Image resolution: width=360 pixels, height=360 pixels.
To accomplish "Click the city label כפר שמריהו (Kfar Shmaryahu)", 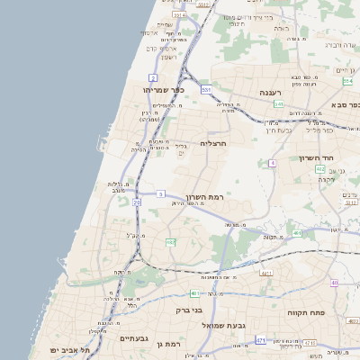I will (164, 90).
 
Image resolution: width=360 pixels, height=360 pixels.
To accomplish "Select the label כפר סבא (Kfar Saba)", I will (343, 105).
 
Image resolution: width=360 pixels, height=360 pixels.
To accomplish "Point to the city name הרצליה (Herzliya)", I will (215, 143).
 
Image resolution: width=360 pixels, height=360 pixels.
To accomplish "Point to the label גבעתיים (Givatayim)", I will (132, 338).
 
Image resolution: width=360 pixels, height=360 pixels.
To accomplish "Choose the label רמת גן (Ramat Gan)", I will (168, 344).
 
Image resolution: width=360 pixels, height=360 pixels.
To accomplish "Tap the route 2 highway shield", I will (153, 78).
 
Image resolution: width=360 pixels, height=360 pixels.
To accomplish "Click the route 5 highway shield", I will (161, 193).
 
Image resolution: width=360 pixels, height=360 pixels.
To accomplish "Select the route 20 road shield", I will (137, 202).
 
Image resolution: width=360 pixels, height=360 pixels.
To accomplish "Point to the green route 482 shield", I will (170, 242).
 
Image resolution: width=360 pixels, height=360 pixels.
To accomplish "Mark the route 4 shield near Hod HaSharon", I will (272, 163).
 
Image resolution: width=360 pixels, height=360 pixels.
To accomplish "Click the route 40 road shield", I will (334, 283).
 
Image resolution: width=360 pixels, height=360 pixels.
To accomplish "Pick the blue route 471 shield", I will (260, 340).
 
